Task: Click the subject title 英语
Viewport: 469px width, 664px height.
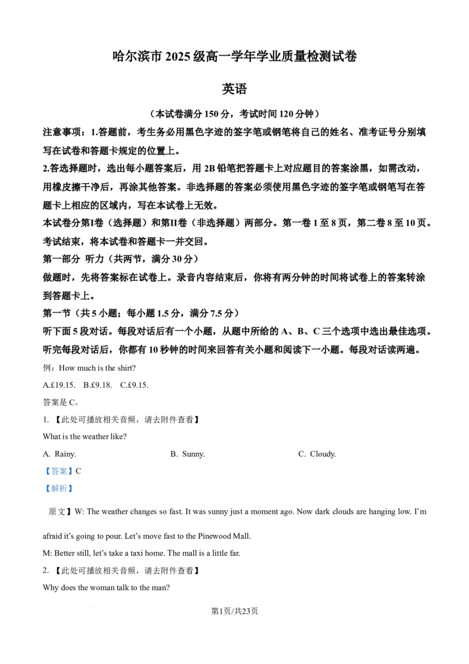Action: (234, 89)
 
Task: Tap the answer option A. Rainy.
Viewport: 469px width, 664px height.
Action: (59, 454)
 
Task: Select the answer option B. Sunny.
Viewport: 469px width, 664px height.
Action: (188, 454)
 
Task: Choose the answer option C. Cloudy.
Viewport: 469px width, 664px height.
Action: (317, 454)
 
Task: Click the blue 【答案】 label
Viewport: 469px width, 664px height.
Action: (59, 471)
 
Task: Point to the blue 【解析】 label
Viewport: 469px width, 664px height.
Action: (59, 488)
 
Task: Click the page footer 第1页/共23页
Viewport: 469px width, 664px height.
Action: (235, 611)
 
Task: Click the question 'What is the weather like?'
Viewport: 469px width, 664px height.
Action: (84, 436)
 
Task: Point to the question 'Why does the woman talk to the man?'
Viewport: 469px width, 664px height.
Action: (106, 587)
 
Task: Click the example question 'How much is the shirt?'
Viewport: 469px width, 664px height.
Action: (97, 368)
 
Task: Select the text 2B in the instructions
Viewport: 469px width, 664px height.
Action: (209, 168)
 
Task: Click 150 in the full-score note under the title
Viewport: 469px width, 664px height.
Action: (211, 114)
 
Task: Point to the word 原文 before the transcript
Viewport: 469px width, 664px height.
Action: (57, 511)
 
